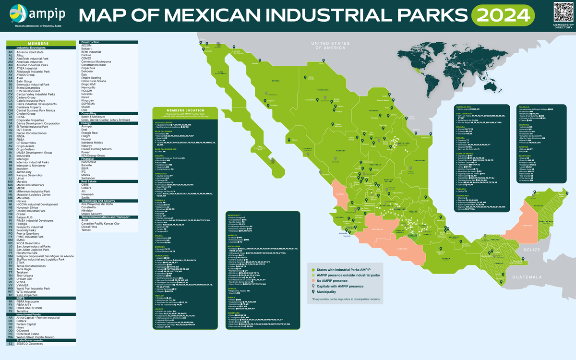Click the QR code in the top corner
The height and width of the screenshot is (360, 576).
tap(563, 11)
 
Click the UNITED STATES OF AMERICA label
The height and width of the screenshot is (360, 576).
tap(329, 46)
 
